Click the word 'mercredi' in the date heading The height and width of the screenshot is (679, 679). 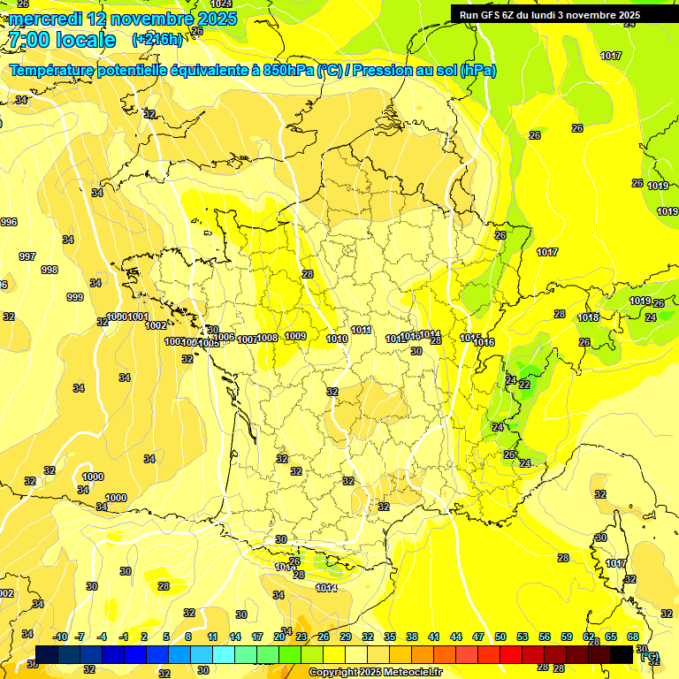45,19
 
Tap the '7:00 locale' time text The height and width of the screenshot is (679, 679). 62,40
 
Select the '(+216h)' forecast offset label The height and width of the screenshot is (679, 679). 156,40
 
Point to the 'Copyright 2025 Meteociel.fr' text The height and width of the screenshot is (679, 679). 376,673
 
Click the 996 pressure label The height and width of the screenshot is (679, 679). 8,222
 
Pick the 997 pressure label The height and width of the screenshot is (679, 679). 27,256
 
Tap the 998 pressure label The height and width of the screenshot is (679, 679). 50,271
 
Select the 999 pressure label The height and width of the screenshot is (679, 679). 75,297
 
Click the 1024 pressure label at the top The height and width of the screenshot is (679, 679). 221,5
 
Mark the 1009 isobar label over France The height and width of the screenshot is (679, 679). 295,336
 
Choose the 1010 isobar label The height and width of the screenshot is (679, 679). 337,339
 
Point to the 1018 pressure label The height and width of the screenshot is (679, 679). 588,318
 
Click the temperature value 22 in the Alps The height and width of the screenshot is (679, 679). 524,385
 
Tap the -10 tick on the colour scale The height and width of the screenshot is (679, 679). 61,637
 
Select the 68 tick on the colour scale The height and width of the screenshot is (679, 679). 633,637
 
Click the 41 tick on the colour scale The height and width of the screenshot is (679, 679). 434,637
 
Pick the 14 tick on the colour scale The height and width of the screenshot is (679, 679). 235,637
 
